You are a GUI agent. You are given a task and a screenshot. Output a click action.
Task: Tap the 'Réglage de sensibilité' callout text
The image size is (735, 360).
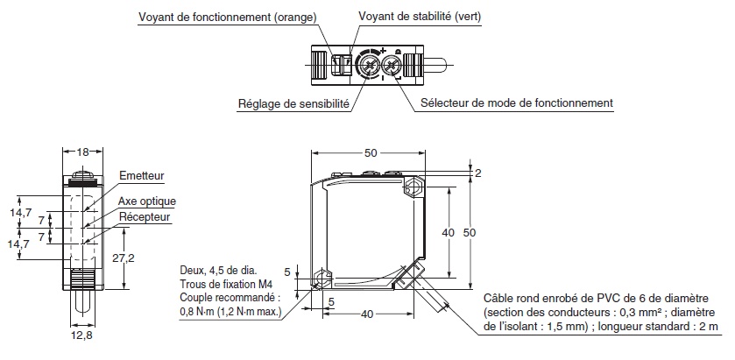tap(293, 103)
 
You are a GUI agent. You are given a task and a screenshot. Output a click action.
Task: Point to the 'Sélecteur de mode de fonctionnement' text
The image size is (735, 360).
tap(516, 103)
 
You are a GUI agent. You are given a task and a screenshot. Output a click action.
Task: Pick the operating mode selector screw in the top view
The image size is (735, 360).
tap(394, 65)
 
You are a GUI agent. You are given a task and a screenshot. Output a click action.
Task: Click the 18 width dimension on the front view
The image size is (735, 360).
tap(83, 152)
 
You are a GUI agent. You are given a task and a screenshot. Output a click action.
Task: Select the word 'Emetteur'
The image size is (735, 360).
tap(141, 176)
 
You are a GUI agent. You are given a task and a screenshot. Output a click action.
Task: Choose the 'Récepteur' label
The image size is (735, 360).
tap(145, 216)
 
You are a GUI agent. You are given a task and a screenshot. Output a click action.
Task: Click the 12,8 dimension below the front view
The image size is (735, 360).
tap(83, 334)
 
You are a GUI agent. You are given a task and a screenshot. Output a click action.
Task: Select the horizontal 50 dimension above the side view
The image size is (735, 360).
tap(371, 153)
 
